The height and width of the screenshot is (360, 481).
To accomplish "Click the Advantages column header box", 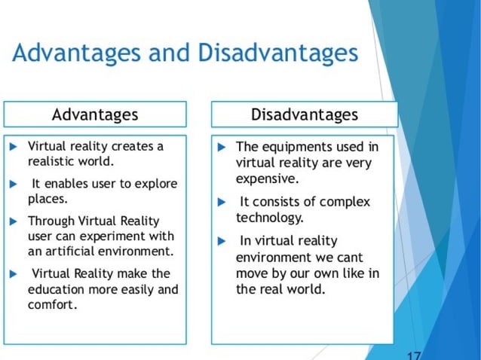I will (x=95, y=114).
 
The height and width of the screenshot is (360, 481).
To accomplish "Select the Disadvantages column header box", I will (x=305, y=114).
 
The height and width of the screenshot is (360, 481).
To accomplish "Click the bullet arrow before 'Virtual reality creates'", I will (x=14, y=145).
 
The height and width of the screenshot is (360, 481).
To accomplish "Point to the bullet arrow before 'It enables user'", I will (x=14, y=184).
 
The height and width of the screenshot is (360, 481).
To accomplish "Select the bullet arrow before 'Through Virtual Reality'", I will (x=14, y=221).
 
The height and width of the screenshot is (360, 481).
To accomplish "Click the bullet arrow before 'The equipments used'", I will (x=221, y=146).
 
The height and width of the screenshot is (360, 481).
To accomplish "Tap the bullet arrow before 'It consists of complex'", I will (x=221, y=202).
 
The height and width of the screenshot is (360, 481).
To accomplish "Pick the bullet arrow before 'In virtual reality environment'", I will (x=221, y=241).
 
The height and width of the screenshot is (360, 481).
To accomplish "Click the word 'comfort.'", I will (x=53, y=305).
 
